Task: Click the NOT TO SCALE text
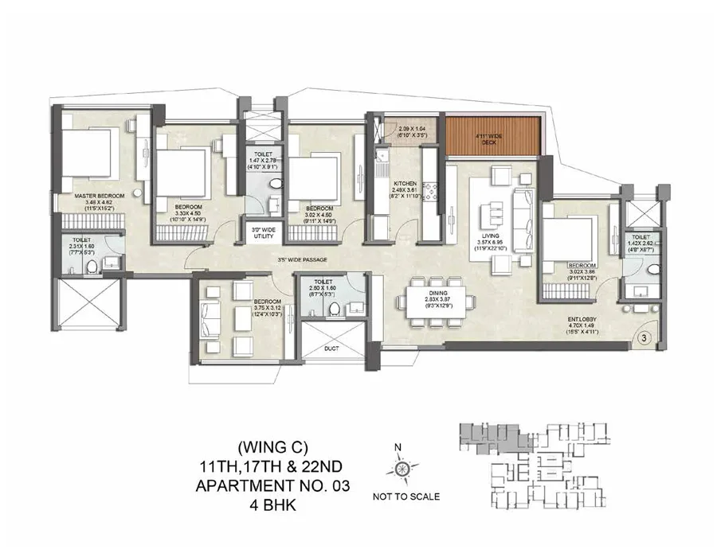(406, 497)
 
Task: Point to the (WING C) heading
(273, 448)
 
